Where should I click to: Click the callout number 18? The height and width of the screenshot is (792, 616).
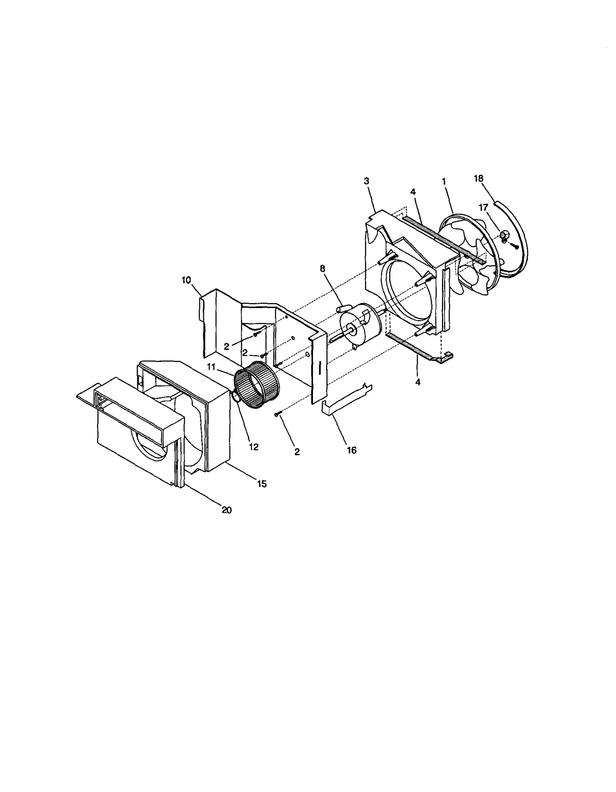click(478, 178)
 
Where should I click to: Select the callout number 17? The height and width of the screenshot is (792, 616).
click(483, 208)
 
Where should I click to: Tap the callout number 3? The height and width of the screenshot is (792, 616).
click(366, 181)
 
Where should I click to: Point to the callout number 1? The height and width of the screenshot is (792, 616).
click(444, 181)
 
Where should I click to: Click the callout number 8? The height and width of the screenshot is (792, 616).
click(322, 268)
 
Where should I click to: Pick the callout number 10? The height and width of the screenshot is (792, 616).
click(186, 280)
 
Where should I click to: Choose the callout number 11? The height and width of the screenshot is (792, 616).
click(211, 367)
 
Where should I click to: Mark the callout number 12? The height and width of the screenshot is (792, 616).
click(253, 447)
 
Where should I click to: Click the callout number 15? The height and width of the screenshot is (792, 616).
click(262, 484)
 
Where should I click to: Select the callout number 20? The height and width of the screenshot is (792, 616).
click(226, 510)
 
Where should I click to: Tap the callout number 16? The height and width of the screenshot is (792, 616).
click(352, 450)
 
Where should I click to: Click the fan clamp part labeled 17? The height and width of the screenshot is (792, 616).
click(504, 236)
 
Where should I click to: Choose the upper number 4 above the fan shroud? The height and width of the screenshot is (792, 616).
click(413, 191)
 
